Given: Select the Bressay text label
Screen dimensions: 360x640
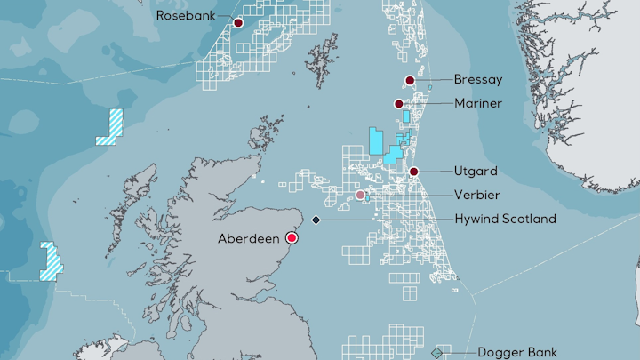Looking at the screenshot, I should point(478,80).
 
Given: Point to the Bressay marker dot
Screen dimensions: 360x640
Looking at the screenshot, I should point(410,81).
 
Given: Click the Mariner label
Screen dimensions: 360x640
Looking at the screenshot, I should point(478,104).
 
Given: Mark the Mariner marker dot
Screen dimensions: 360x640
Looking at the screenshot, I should point(400,104).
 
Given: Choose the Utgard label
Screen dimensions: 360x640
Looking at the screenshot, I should point(476,171).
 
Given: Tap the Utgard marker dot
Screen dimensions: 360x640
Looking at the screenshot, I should point(414,172).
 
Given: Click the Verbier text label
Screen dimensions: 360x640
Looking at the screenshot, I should point(476,195).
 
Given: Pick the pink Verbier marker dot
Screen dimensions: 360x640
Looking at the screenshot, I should point(360,195).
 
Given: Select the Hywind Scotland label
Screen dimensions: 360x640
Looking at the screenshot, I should point(505,219).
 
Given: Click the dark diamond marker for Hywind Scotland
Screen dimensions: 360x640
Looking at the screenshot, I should point(316,220).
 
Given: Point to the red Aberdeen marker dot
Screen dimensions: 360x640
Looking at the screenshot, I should point(292,238).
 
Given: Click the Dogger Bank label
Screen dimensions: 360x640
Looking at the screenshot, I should point(517,352).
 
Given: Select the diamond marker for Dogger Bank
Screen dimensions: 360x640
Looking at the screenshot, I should point(436,353).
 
